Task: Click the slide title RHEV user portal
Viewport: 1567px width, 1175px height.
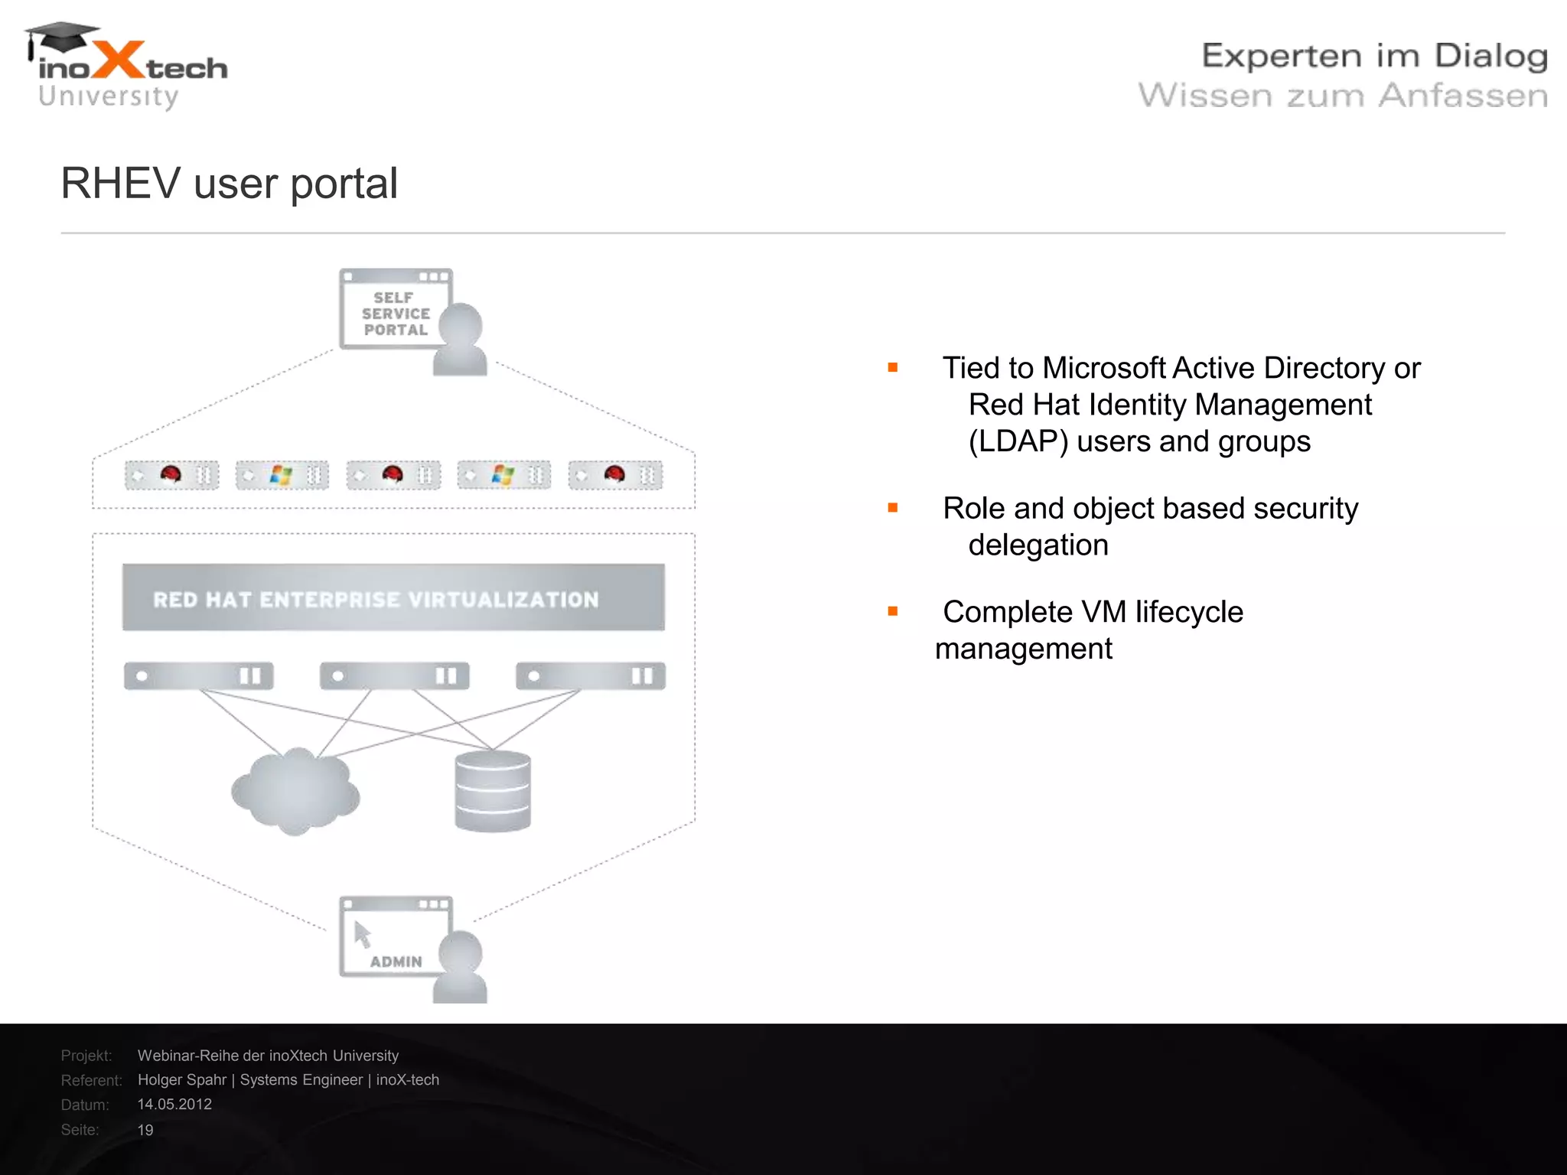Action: (229, 184)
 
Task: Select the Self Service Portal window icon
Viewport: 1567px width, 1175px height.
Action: (395, 309)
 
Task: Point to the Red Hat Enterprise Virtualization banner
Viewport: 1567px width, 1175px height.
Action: (393, 598)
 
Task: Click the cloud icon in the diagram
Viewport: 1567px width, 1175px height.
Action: (295, 791)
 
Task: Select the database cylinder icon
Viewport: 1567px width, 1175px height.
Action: (493, 791)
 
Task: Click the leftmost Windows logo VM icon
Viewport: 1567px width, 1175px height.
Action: (281, 475)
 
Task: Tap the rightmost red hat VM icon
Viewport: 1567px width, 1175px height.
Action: (614, 475)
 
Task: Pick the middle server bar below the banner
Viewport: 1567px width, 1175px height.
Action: (394, 675)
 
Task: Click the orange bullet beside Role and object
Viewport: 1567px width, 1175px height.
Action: (892, 508)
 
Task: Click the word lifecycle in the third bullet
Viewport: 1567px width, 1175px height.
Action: (1189, 612)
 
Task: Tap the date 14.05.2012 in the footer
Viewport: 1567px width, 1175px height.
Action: (174, 1105)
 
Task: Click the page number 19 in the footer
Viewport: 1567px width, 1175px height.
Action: (145, 1130)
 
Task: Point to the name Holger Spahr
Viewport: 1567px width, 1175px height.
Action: (182, 1080)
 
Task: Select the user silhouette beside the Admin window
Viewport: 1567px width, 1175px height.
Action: (460, 967)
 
